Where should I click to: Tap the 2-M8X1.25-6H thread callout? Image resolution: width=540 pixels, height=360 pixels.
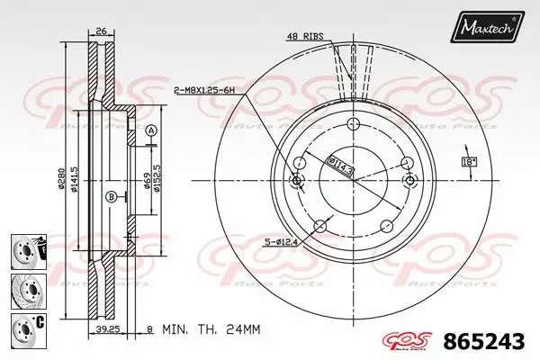pyautogui.click(x=204, y=90)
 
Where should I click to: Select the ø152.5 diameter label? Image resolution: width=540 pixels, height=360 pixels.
pyautogui.click(x=157, y=175)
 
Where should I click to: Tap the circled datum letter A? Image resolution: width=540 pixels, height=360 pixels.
pyautogui.click(x=150, y=130)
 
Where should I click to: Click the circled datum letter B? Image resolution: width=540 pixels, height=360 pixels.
pyautogui.click(x=111, y=196)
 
